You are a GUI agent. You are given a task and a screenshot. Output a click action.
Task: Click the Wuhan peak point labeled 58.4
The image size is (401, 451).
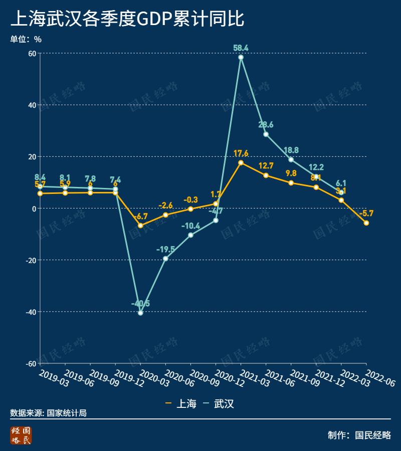tap(241, 57)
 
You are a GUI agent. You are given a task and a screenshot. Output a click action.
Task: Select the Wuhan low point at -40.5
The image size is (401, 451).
tap(140, 313)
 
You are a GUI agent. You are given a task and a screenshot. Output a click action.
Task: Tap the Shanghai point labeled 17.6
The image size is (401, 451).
tap(241, 163)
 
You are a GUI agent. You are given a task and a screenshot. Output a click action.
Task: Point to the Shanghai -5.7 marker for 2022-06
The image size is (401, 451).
tap(366, 223)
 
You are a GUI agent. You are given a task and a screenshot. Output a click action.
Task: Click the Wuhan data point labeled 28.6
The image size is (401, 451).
tap(266, 134)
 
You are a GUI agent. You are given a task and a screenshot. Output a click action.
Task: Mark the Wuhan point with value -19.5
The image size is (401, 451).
tap(165, 259)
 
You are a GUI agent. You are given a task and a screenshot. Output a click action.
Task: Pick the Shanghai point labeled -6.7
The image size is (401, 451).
tap(140, 225)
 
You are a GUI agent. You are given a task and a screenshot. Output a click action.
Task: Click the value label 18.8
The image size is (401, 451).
tap(291, 150)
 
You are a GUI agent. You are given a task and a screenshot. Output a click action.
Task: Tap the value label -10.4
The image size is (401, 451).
tap(191, 226)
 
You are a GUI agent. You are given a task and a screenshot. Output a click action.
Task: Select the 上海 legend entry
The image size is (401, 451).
tap(181, 403)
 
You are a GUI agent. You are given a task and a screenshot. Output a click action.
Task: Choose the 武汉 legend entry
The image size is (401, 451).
tap(219, 403)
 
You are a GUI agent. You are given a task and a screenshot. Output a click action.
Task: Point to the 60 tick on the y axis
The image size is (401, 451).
tap(32, 53)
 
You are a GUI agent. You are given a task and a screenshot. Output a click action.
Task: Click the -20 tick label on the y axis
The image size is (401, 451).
tap(30, 260)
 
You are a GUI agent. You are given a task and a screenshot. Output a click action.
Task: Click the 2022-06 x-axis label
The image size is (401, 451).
tap(380, 379)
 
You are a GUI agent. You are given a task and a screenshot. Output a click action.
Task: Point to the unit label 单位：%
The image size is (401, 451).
tap(26, 39)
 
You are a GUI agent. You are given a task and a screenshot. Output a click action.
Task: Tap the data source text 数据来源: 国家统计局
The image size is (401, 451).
tap(48, 413)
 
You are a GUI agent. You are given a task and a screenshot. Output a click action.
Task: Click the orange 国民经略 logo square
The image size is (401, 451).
tap(21, 435)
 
